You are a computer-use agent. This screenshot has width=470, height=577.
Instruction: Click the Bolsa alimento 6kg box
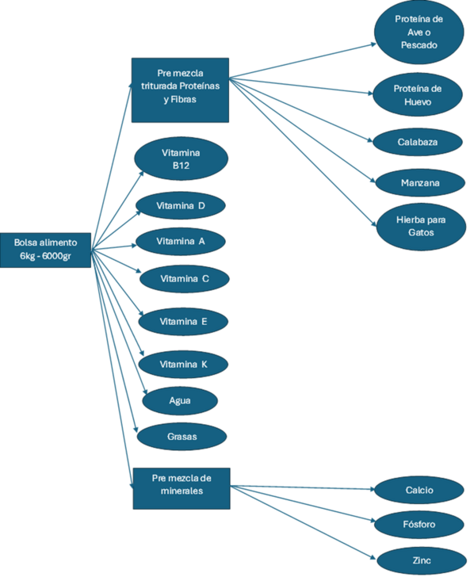[46, 250]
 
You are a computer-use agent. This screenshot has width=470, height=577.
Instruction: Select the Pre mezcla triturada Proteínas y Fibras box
[181, 90]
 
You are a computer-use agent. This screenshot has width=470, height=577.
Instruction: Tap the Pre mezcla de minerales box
[182, 488]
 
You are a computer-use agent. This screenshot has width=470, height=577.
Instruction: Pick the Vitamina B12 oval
[181, 159]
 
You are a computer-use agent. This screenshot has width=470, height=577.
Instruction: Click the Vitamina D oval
[181, 205]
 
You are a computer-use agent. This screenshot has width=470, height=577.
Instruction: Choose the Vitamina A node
[181, 242]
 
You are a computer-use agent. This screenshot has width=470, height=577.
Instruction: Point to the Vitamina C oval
[185, 278]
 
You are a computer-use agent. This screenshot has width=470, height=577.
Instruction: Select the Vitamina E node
[183, 321]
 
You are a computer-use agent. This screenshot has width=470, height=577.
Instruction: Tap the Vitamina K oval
[183, 365]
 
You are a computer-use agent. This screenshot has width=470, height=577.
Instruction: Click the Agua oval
[180, 400]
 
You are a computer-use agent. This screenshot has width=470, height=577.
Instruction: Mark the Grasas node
[182, 437]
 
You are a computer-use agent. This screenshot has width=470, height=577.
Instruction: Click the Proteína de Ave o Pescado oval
[418, 32]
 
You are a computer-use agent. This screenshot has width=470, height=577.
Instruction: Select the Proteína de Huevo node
[418, 95]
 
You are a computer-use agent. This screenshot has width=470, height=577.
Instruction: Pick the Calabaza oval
[418, 142]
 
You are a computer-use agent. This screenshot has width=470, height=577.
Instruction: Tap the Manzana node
[420, 182]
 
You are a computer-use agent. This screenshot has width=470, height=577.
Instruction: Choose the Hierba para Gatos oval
[421, 227]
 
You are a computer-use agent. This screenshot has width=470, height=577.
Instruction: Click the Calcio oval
[419, 490]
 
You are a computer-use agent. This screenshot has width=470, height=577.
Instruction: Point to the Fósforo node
[419, 524]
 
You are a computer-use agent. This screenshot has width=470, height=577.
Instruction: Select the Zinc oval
[422, 560]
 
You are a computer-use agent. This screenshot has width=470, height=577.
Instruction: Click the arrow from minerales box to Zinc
[303, 522]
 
